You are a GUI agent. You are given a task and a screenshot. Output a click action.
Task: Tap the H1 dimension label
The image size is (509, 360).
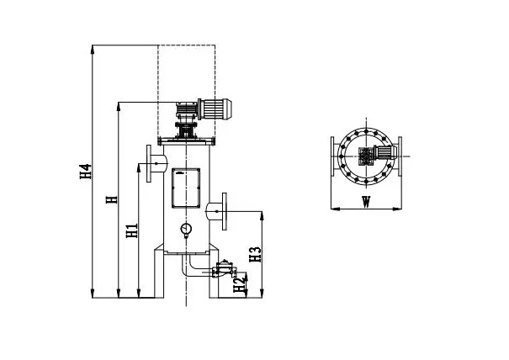(130, 230)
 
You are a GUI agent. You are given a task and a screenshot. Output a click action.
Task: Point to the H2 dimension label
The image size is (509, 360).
(238, 285)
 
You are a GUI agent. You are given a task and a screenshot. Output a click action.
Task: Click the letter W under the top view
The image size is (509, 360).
(365, 202)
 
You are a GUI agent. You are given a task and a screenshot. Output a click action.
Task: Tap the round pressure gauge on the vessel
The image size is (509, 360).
(185, 229)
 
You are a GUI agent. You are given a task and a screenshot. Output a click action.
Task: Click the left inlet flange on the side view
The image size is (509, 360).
(151, 164)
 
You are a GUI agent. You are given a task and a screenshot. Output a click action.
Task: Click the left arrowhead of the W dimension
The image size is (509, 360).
(333, 207)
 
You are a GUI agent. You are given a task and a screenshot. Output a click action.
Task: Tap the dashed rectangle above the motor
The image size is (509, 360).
(186, 76)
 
